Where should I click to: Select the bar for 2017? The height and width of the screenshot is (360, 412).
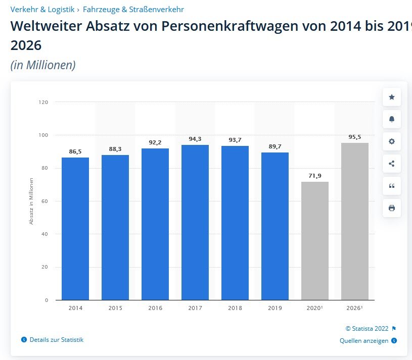pyautogui.click(x=195, y=222)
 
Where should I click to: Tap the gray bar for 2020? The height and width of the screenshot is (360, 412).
pyautogui.click(x=314, y=240)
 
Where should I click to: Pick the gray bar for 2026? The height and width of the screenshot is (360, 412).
pyautogui.click(x=355, y=221)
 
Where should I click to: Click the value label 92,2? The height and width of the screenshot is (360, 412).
pyautogui.click(x=155, y=142)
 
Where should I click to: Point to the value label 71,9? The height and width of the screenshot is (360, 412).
pyautogui.click(x=315, y=176)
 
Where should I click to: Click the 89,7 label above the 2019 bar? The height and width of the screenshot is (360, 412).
pyautogui.click(x=275, y=146)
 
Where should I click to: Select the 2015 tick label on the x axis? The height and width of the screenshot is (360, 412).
pyautogui.click(x=115, y=308)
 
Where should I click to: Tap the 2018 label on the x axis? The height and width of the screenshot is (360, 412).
pyautogui.click(x=235, y=308)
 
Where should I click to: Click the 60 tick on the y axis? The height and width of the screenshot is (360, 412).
pyautogui.click(x=45, y=201)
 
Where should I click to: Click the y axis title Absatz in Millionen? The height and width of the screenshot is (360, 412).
pyautogui.click(x=31, y=200)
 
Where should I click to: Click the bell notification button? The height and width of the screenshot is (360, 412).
pyautogui.click(x=392, y=119)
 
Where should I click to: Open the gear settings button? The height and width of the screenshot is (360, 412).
pyautogui.click(x=392, y=141)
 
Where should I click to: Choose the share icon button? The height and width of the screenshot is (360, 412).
pyautogui.click(x=392, y=164)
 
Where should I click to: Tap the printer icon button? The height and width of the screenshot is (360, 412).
pyautogui.click(x=392, y=208)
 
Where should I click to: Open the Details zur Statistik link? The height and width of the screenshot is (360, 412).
pyautogui.click(x=56, y=340)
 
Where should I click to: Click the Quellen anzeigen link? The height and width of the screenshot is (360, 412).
pyautogui.click(x=364, y=341)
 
